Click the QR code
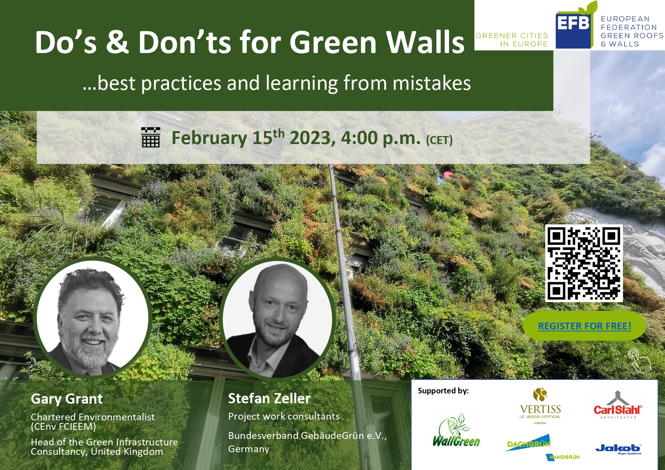point(584,263)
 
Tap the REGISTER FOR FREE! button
point(584,326)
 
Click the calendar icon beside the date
point(150,137)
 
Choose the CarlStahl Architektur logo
point(618,405)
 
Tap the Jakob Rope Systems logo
point(618,449)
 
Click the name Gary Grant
point(67,399)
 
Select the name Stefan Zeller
point(269,398)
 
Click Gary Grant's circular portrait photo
point(92,318)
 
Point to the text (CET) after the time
point(439,140)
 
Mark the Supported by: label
point(443,391)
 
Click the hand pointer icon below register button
point(639,360)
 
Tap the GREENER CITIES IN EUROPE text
point(512,40)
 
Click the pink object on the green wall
point(449,174)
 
